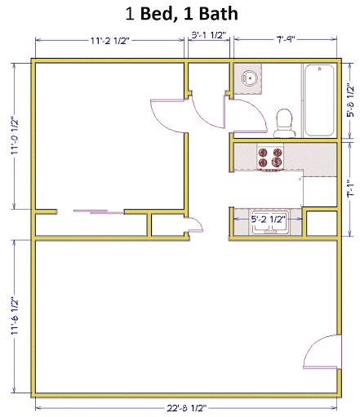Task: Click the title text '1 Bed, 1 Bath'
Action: tap(180, 14)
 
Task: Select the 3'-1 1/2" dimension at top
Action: tap(208, 36)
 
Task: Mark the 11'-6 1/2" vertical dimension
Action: tap(15, 318)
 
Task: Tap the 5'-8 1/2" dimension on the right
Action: tap(350, 101)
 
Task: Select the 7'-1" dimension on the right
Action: tap(350, 189)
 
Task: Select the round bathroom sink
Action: tap(248, 79)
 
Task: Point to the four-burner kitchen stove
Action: tap(270, 157)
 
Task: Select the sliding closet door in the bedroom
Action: tap(92, 211)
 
